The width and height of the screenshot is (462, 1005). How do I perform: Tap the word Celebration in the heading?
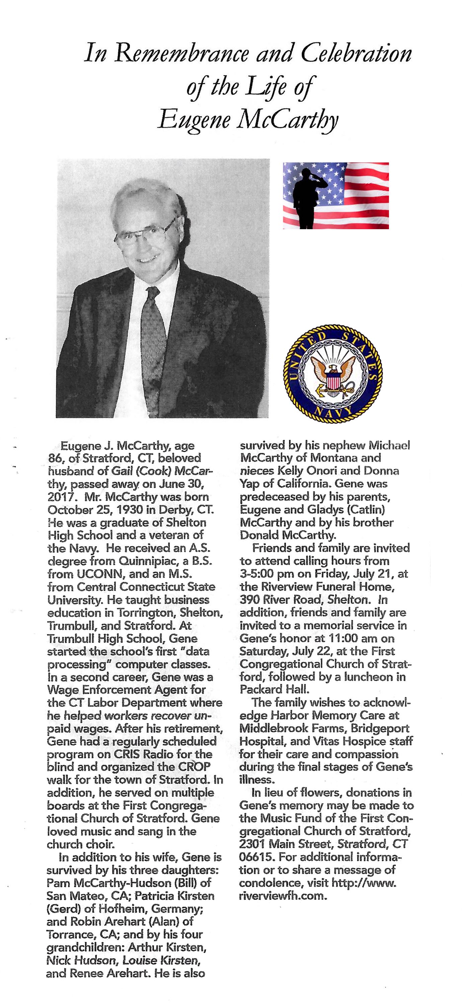pos(356,54)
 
